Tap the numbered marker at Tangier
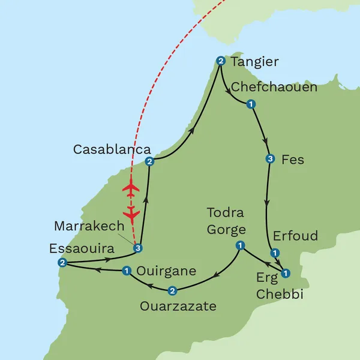click(x=220, y=61)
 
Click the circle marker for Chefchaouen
click(x=250, y=104)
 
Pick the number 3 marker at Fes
click(x=270, y=159)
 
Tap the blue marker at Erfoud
click(x=274, y=253)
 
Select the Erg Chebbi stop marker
click(x=286, y=273)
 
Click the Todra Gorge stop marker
click(x=239, y=245)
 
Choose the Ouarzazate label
click(x=178, y=307)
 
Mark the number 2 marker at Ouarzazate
click(x=173, y=291)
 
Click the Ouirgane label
click(x=166, y=271)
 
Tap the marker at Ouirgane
click(x=127, y=271)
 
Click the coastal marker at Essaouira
click(x=62, y=263)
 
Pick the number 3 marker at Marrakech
click(x=138, y=248)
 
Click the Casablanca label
click(x=112, y=149)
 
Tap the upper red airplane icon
click(x=130, y=188)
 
